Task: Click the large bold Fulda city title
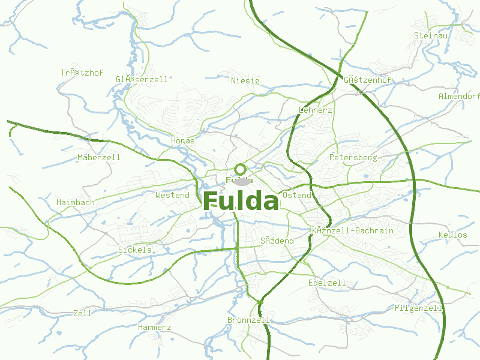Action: pos(241,201)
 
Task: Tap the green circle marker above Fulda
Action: pos(241,169)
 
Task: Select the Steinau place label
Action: pos(431,36)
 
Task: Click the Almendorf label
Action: pos(460,97)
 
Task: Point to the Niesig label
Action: pos(245,80)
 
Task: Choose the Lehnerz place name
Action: pos(315,110)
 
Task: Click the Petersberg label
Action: pos(353,158)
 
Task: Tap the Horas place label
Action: pos(183,141)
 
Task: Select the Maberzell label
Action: pos(99,158)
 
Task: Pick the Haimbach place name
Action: pos(76,203)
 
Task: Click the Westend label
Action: pos(172,196)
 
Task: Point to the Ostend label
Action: pos(297,196)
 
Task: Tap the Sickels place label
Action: pos(135,250)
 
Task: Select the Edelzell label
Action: pos(327,283)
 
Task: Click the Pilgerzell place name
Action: pos(419,308)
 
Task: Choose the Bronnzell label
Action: pos(248,320)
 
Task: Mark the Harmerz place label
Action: pos(155,328)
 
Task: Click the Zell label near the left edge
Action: pos(82,313)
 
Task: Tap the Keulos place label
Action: pos(453,235)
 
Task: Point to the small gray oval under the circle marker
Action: pos(241,181)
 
